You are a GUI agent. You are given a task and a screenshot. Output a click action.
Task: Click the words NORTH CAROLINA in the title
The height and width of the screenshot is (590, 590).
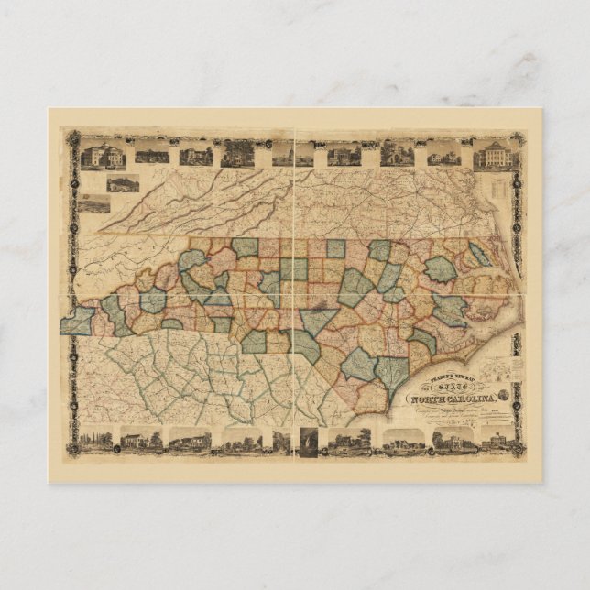pyautogui.click(x=457, y=397)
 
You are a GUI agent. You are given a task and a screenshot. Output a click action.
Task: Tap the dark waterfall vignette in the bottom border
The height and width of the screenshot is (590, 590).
pyautogui.click(x=308, y=441)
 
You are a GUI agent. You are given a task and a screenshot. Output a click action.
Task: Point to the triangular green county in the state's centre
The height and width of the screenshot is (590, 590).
pyautogui.click(x=317, y=321)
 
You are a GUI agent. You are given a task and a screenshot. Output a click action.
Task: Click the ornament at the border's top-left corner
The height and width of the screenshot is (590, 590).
pyautogui.click(x=67, y=134)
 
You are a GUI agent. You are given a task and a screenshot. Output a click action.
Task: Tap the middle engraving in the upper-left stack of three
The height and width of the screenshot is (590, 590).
pyautogui.click(x=121, y=182)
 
